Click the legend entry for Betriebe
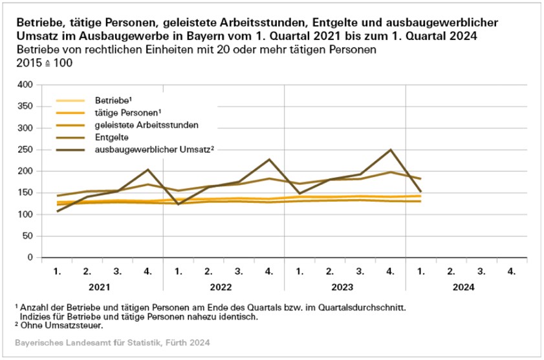coord(113,100)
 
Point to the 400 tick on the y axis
coord(25,85)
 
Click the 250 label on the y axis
coord(25,149)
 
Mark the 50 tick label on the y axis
coord(28,236)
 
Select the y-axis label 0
coord(30,257)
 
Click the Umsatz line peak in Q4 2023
coord(390,150)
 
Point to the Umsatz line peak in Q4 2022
coord(269,160)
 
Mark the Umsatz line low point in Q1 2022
coord(178,204)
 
